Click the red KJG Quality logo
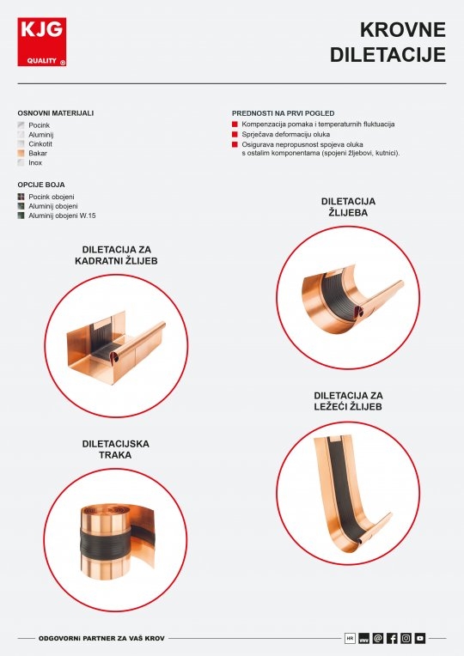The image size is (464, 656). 42,42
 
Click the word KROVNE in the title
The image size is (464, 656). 402,30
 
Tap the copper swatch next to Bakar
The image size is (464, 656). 21,153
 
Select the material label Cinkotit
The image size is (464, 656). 40,144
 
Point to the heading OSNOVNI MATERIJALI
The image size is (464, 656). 56,113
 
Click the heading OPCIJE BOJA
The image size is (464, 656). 41,185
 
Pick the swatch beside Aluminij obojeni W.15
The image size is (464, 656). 21,216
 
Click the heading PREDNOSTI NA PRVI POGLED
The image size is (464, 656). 283,113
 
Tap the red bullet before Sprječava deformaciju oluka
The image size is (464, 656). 235,134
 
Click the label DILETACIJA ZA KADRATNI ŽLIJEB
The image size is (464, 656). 116,255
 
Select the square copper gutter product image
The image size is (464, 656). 116,346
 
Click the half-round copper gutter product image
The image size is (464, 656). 352,299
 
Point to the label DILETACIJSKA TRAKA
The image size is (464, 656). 116,449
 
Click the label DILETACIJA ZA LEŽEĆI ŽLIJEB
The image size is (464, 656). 348,401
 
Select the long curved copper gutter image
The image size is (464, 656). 351,494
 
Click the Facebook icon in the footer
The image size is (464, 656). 392,638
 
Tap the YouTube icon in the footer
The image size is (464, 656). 420,638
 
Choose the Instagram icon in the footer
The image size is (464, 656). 406,638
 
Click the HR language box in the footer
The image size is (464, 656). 350,638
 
